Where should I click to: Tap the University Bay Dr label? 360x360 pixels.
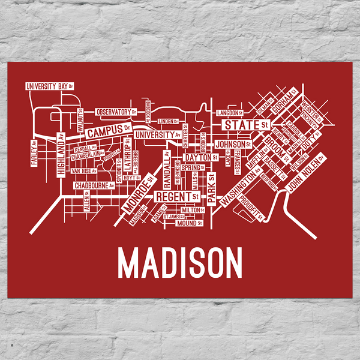(49, 86)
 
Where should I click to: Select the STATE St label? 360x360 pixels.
(245, 125)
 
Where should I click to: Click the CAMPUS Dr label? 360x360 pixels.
(108, 130)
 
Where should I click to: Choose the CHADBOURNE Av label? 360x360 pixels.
(94, 186)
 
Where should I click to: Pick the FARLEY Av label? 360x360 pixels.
(35, 154)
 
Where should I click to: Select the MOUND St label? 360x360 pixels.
(187, 224)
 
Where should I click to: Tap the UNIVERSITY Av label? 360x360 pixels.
(158, 136)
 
